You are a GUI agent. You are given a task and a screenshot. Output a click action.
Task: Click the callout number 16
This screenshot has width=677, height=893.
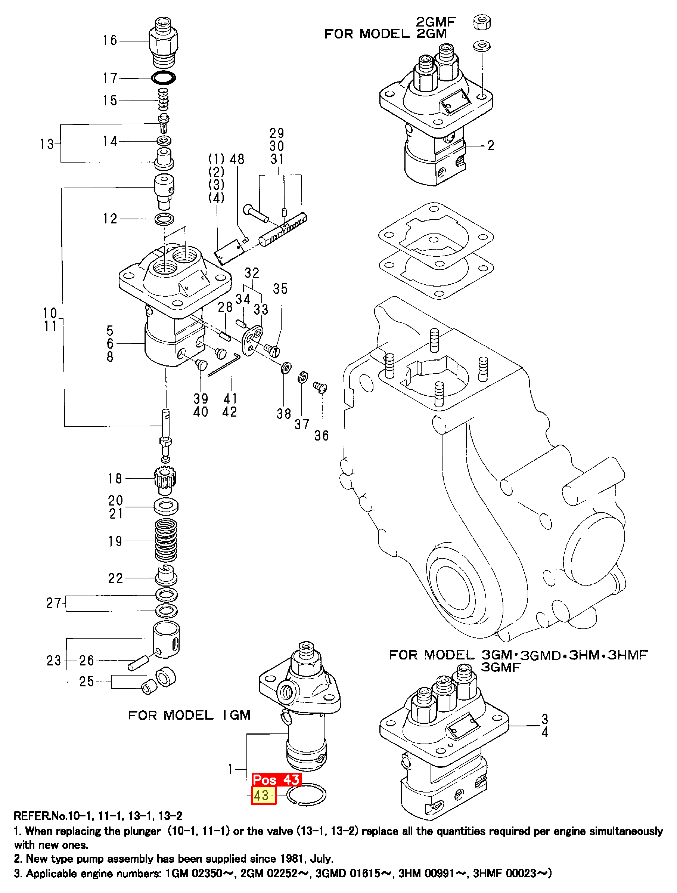110,40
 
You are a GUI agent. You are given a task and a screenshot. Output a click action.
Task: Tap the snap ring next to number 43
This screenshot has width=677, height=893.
306,794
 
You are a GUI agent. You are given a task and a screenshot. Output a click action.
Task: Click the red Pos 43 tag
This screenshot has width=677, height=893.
276,779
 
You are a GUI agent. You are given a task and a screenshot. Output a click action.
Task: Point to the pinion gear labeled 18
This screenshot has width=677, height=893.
165,480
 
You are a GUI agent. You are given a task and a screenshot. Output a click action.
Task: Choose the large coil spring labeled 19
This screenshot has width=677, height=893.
166,540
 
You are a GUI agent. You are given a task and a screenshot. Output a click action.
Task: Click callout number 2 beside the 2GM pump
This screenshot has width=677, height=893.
491,145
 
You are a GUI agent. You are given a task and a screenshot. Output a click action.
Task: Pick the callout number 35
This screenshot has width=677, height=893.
280,289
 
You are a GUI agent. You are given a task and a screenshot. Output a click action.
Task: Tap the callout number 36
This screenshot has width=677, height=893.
322,436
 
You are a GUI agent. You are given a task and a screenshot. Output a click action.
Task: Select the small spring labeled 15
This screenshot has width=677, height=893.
163,100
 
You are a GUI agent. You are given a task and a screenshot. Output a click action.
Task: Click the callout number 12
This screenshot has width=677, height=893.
110,219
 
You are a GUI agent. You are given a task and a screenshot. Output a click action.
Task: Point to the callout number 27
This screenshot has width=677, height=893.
54,603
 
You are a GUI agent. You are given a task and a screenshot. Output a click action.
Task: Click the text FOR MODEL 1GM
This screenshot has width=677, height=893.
189,716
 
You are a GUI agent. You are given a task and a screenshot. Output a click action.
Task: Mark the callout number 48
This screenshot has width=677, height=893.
237,159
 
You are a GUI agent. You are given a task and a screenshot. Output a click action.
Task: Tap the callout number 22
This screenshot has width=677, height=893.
115,578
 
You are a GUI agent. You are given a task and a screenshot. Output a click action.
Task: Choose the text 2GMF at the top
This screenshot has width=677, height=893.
435,22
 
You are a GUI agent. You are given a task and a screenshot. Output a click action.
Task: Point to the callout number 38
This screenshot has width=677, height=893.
284,414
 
